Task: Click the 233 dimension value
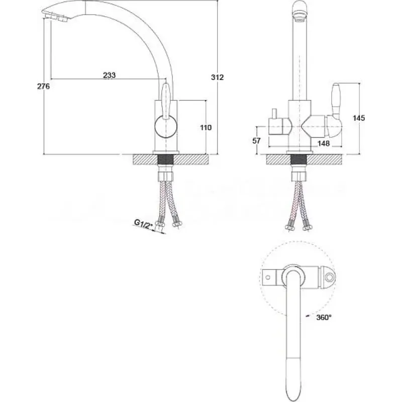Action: (110, 75)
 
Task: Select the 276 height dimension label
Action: (43, 86)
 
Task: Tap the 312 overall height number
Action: (218, 77)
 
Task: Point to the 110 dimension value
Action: (206, 128)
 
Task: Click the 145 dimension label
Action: (359, 118)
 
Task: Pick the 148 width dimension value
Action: (324, 143)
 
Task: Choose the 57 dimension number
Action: (256, 141)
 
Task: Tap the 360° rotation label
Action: (324, 318)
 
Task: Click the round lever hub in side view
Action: (166, 127)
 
